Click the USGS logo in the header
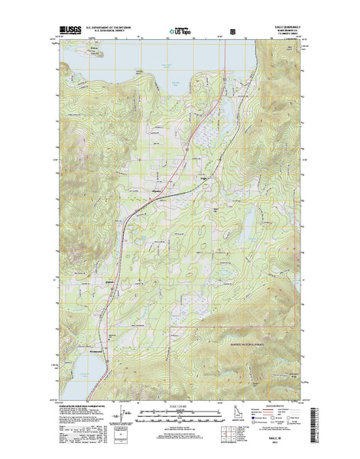click(x=68, y=31)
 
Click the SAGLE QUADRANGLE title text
click(x=285, y=25)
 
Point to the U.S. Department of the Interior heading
click(x=109, y=26)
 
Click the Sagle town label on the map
click(x=204, y=179)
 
